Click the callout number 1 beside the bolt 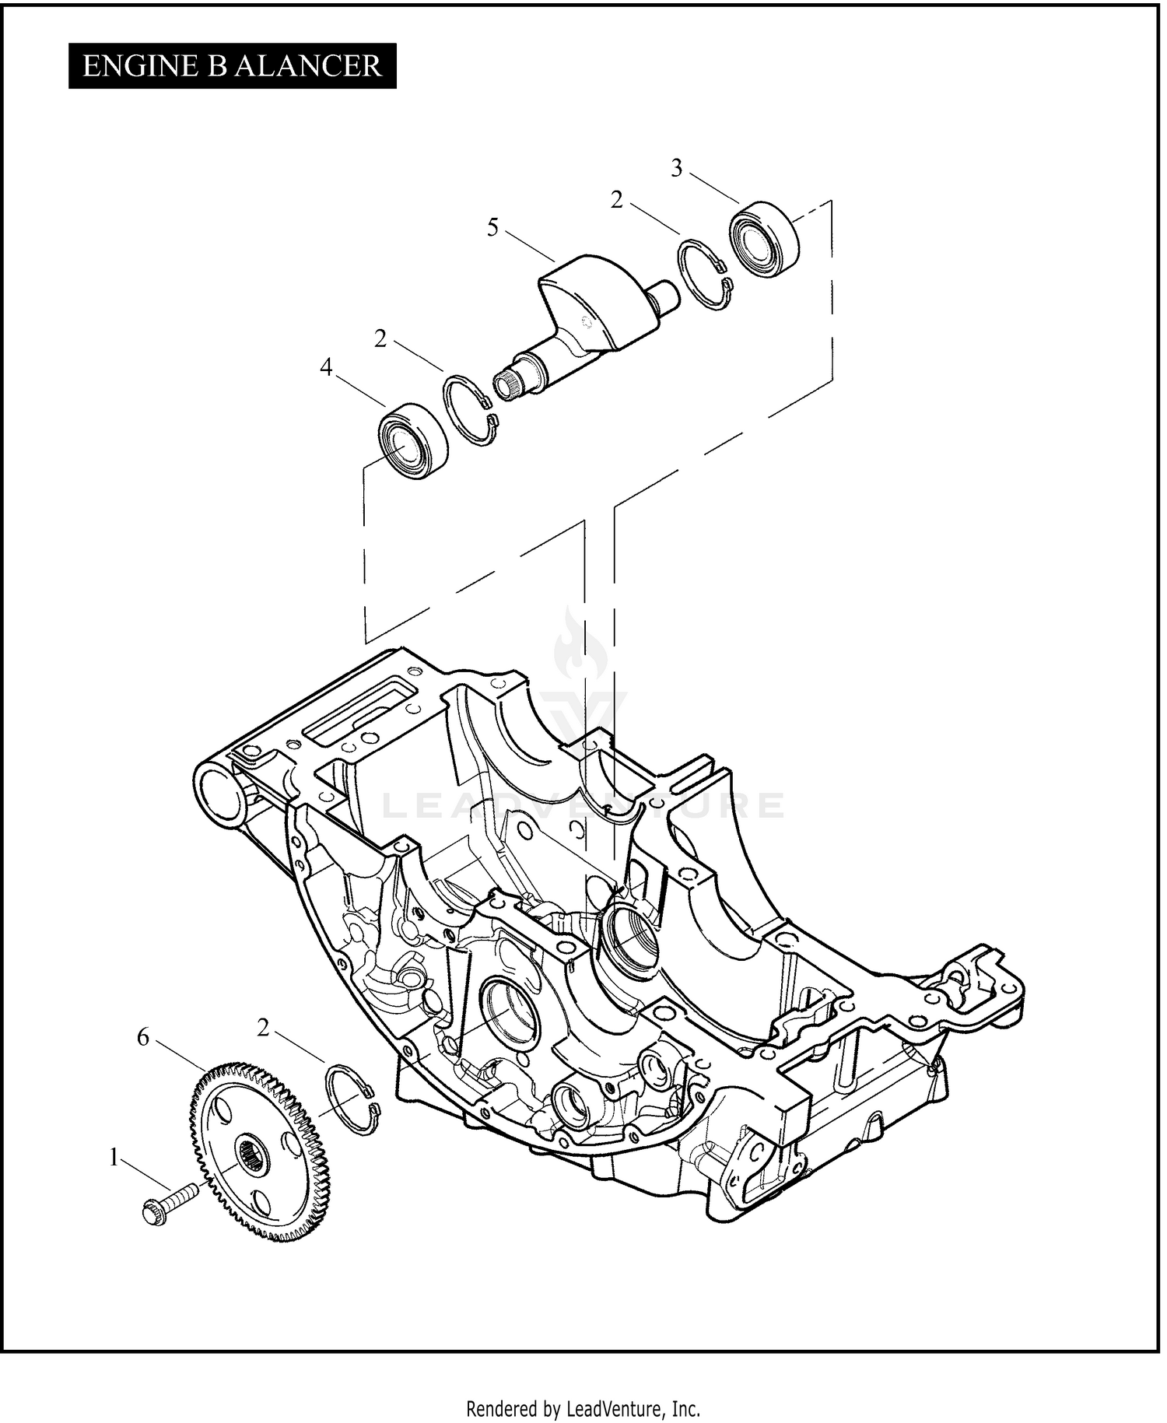coord(114,1158)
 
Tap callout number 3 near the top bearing coord(676,168)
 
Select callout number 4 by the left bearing coord(326,367)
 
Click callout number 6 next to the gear coord(142,1037)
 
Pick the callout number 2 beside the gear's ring coord(263,1028)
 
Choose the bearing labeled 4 coord(413,440)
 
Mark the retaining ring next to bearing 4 coord(470,412)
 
